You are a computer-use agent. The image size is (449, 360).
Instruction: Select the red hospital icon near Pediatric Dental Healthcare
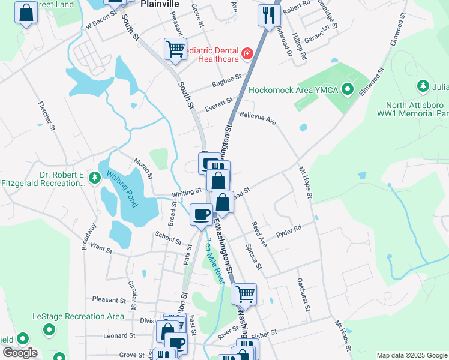(x=246, y=55)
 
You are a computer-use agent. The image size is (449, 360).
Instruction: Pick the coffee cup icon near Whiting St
(x=201, y=213)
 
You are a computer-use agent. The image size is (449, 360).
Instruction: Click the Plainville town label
(x=160, y=4)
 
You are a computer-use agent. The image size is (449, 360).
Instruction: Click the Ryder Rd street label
(x=288, y=230)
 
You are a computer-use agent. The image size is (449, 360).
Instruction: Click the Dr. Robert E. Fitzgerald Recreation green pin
(x=94, y=178)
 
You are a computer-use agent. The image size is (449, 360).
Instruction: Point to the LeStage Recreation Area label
(x=79, y=316)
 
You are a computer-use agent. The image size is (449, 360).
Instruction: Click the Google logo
(x=20, y=353)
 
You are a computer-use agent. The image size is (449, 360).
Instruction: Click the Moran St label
(x=143, y=170)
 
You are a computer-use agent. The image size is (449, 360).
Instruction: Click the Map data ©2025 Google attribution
(x=411, y=355)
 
